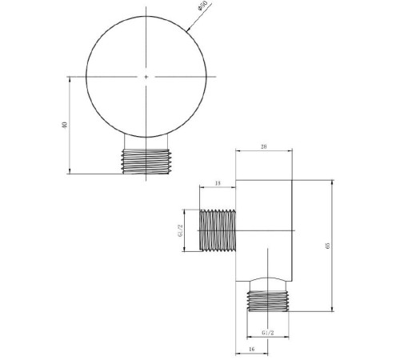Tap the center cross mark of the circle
click(x=146, y=77)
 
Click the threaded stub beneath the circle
click(x=146, y=161)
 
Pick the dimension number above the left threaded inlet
click(x=218, y=185)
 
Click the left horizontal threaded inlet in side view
click(x=217, y=230)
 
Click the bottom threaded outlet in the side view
click(x=268, y=300)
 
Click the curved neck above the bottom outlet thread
click(x=268, y=283)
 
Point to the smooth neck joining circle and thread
click(x=146, y=144)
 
